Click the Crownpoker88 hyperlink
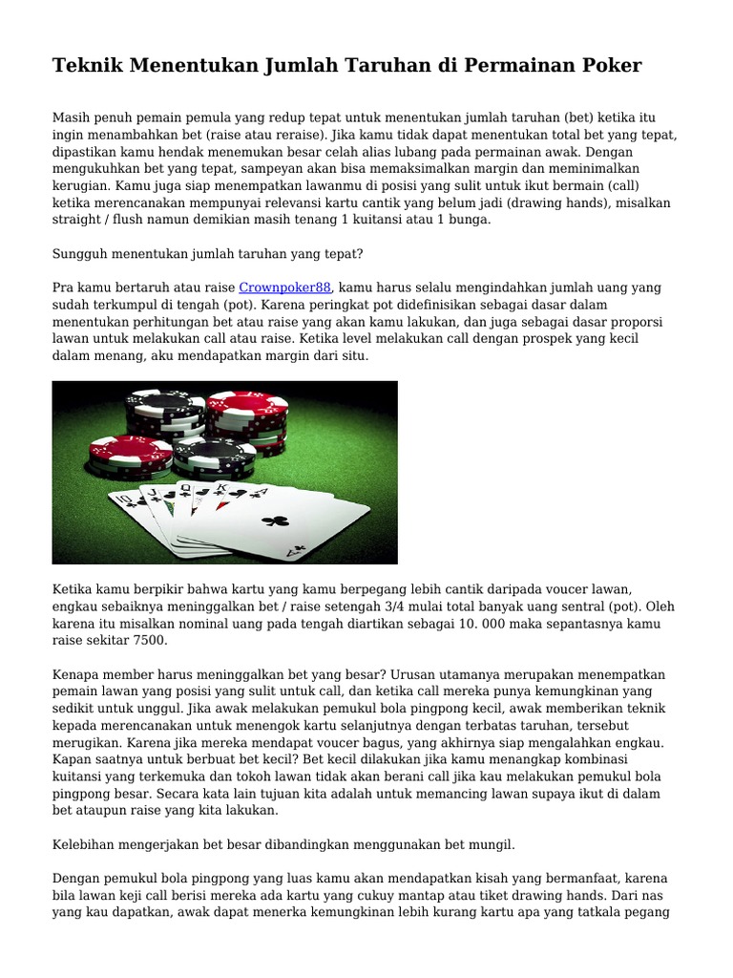284,287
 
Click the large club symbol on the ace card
275,521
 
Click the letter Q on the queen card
185,488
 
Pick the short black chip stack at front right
214,459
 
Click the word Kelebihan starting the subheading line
83,844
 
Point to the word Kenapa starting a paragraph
75,674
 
